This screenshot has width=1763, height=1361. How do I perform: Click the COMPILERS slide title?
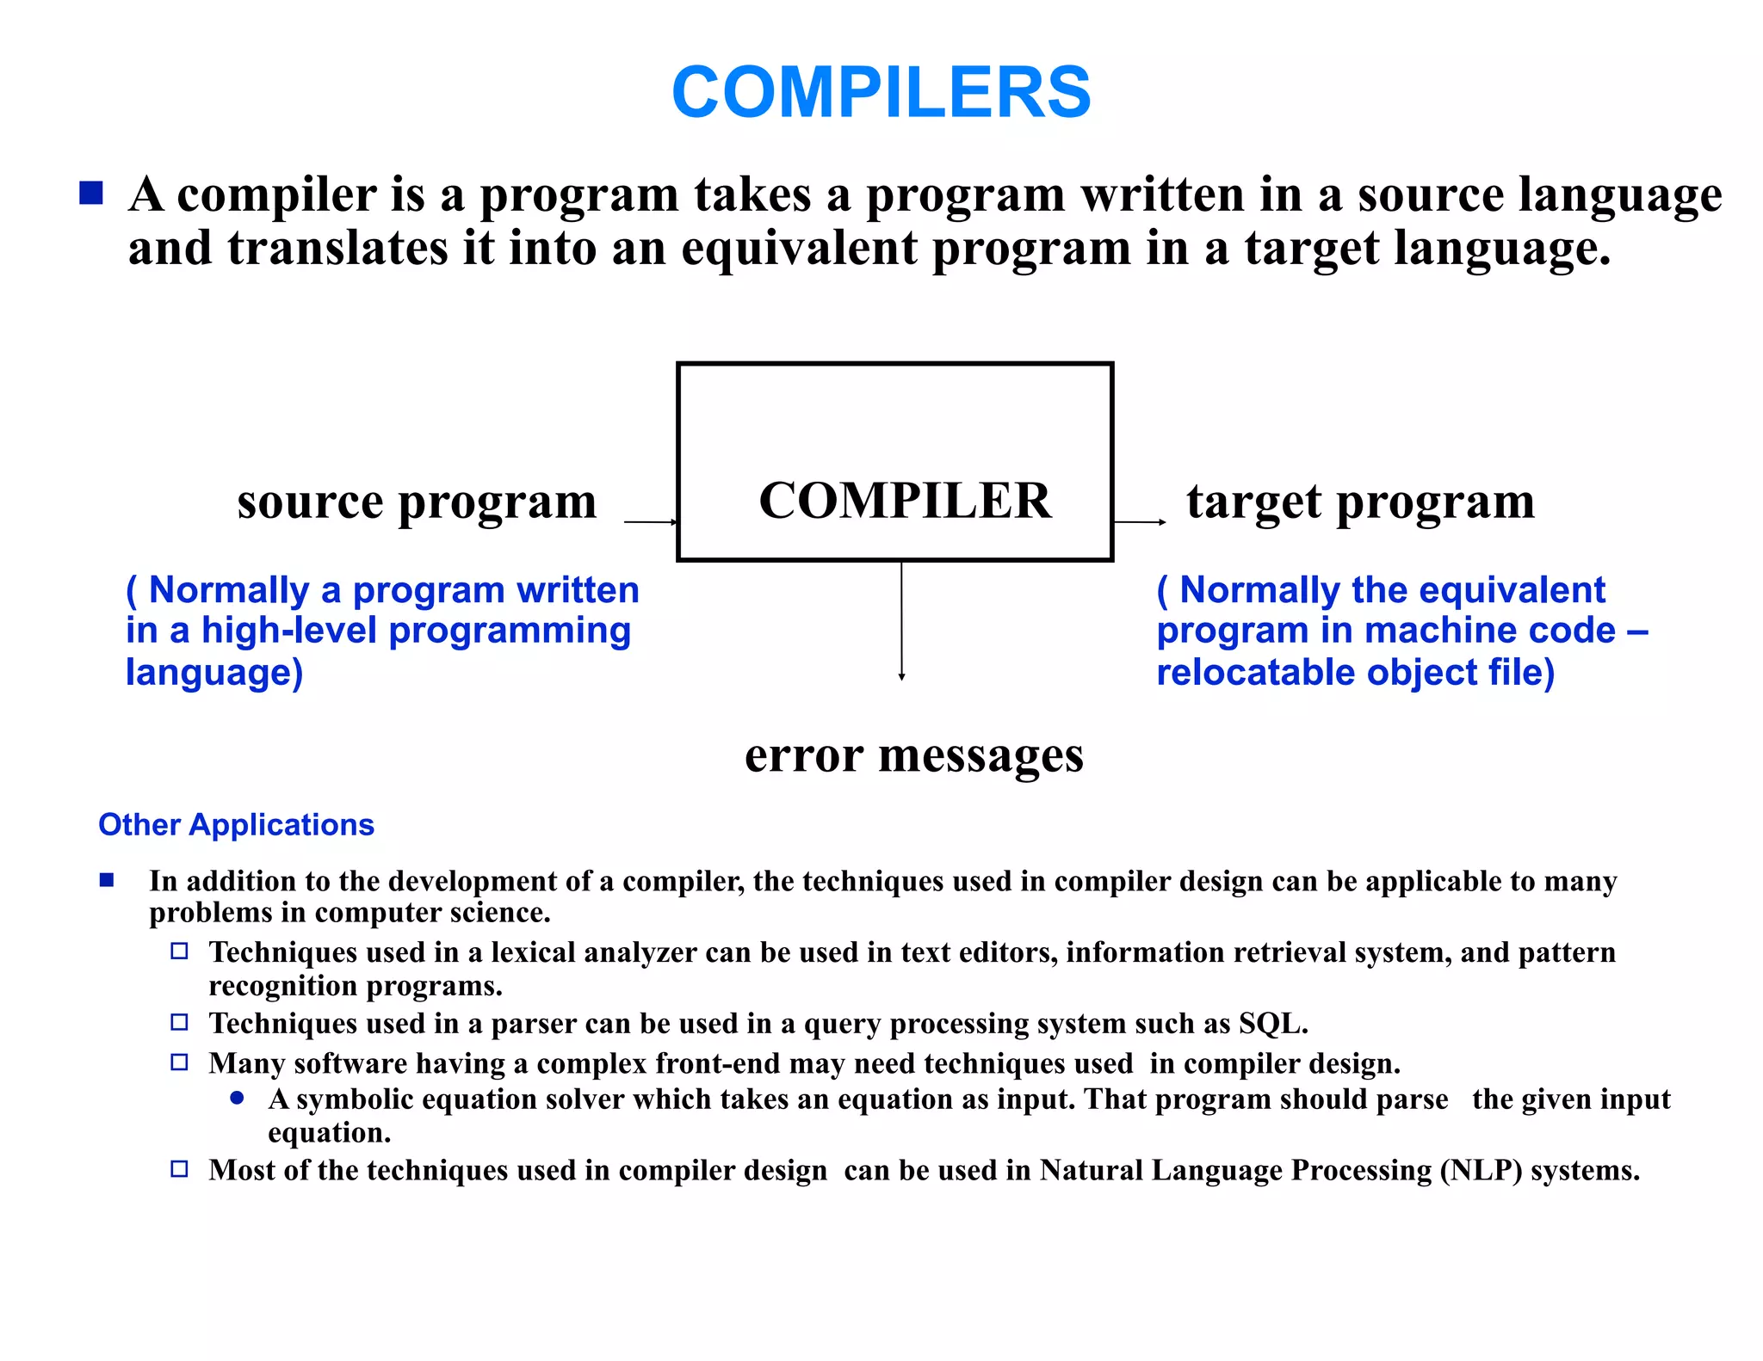point(881,93)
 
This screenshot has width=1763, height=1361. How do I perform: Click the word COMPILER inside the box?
point(905,501)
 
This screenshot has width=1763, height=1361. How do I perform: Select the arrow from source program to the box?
point(651,521)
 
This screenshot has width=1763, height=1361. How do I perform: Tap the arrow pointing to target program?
point(1140,521)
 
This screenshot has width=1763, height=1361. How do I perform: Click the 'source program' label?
point(417,502)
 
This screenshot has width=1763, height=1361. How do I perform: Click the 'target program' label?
point(1360,502)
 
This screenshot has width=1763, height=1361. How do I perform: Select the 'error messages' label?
point(913,756)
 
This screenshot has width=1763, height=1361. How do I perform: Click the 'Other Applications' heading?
point(236,824)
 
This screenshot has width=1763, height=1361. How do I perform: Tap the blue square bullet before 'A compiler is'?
point(91,193)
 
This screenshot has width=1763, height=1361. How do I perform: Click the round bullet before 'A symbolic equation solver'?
point(238,1099)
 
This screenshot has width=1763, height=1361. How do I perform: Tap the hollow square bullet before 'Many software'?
point(179,1062)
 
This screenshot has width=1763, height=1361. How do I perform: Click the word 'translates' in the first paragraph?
point(337,249)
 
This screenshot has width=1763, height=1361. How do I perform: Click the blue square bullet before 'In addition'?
point(107,879)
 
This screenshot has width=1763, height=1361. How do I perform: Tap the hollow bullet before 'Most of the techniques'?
point(179,1169)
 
